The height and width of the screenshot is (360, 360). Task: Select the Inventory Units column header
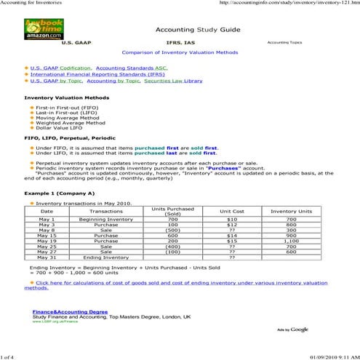[x=291, y=211]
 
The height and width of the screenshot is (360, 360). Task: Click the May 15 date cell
[x=47, y=236]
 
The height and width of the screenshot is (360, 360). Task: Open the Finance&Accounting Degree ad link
[x=70, y=311]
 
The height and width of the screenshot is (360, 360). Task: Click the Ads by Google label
[x=292, y=329]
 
